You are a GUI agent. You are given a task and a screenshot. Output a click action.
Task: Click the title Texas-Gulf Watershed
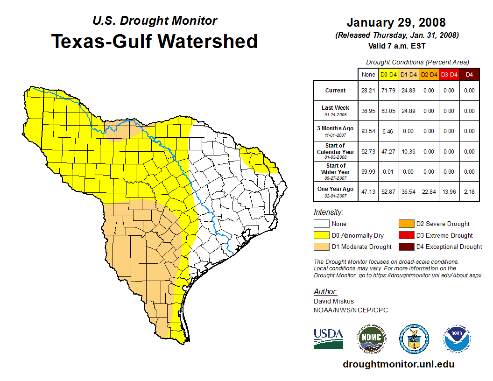tap(154, 41)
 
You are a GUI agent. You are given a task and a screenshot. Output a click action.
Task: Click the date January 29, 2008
tap(396, 22)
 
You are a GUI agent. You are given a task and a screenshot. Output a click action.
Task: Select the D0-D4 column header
tap(388, 74)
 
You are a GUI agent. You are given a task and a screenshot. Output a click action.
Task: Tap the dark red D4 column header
tap(469, 74)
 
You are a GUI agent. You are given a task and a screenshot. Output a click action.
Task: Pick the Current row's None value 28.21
tap(368, 91)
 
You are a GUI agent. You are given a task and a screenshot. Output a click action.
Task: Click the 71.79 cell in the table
tap(388, 91)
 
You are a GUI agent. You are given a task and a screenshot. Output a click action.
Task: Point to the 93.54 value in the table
tap(368, 131)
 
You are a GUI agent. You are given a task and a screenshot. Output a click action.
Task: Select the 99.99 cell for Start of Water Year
tap(368, 172)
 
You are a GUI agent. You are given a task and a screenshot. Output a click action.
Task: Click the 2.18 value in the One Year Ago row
tap(469, 192)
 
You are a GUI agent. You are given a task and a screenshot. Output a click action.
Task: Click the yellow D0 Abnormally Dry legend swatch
tap(321, 235)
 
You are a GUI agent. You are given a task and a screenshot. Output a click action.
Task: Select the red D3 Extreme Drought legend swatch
tap(406, 235)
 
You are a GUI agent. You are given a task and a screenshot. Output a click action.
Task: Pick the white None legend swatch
tap(321, 224)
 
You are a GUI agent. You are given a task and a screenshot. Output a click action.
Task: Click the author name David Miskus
tap(333, 301)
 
